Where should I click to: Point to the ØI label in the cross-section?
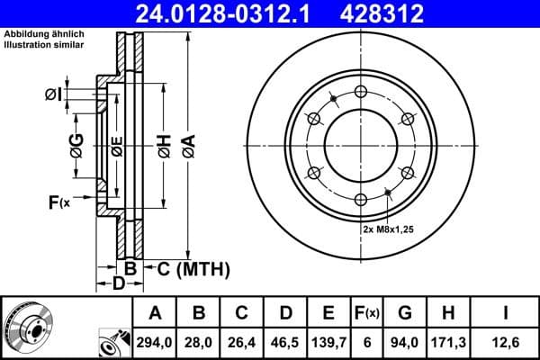[53, 94]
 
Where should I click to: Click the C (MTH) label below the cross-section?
[188, 269]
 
